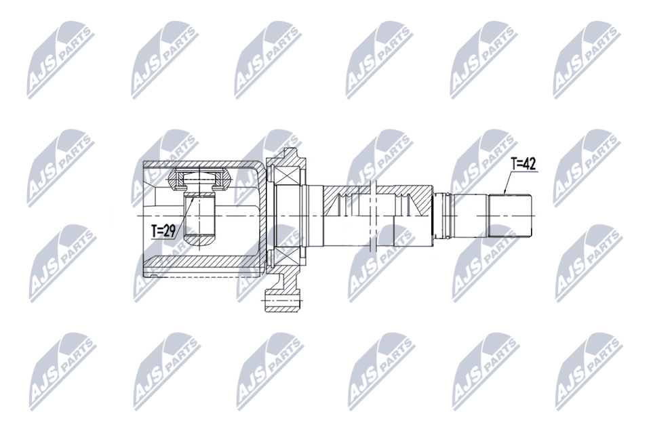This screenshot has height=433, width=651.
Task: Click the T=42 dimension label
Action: (524, 163)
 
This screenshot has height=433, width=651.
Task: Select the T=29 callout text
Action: (163, 230)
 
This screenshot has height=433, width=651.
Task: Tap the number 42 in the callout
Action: (530, 163)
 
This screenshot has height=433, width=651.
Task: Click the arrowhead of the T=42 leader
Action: (505, 194)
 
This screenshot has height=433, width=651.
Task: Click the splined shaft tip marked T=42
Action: (510, 215)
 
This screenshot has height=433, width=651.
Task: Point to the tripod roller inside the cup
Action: (199, 180)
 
